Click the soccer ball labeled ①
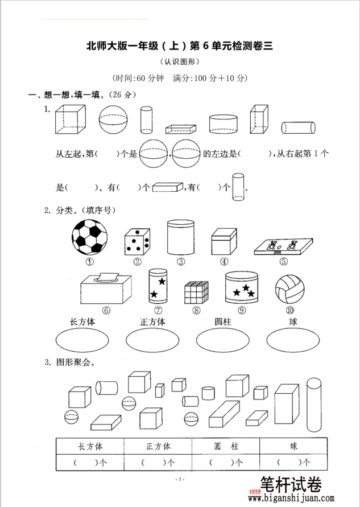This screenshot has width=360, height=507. coord(88,237)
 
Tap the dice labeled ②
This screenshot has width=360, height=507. coord(137,242)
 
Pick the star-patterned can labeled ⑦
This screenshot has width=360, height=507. coord(158,286)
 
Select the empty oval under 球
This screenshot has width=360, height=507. coord(293,340)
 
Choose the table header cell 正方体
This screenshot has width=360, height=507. coord(158,446)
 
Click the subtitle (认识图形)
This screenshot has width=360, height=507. coord(180,63)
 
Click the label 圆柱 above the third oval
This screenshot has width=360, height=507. coord(223,321)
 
